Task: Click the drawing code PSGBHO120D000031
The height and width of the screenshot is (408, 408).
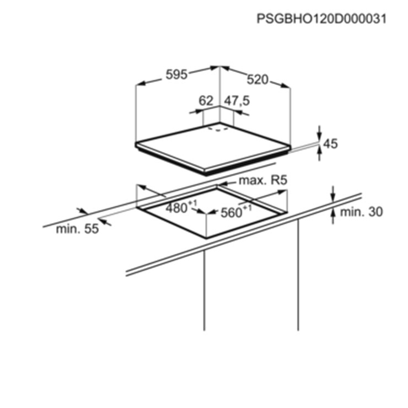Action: [x=321, y=19]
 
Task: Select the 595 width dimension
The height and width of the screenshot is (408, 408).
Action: [x=176, y=75]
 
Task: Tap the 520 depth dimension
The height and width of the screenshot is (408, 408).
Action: [x=257, y=80]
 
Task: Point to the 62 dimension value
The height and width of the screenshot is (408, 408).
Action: [x=206, y=101]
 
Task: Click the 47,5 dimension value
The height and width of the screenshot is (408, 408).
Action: [x=237, y=101]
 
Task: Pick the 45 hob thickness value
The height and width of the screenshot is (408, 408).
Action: [x=330, y=144]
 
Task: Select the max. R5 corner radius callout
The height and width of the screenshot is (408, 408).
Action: [x=263, y=180]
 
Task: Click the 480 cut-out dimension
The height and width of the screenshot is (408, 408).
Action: [x=176, y=208]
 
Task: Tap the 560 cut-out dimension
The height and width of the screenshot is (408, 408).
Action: [x=231, y=213]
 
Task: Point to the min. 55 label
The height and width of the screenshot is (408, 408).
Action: [x=77, y=229]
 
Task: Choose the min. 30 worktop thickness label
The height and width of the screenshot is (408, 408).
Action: [x=362, y=212]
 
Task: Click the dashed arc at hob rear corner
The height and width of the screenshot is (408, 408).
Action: [x=218, y=129]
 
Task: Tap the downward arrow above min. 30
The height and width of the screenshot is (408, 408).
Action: [x=333, y=194]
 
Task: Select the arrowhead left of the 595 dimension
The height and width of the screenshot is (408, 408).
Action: [x=141, y=83]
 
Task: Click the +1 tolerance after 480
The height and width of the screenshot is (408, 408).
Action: [x=193, y=202]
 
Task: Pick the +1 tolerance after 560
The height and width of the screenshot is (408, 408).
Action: [x=247, y=208]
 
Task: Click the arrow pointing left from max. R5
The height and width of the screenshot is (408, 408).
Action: [x=227, y=184]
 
